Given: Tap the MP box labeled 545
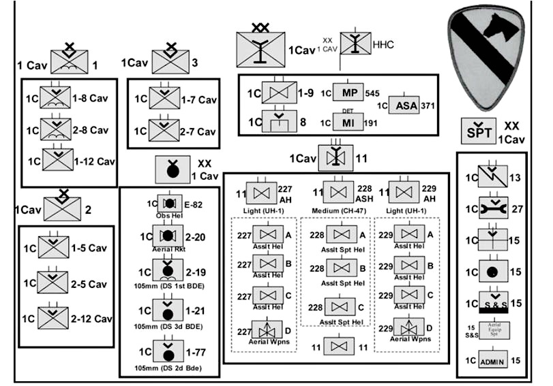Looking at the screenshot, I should [349, 93].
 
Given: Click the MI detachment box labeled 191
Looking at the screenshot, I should [349, 123].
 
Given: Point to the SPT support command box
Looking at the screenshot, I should [481, 130].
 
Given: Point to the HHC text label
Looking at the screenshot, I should [384, 44].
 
